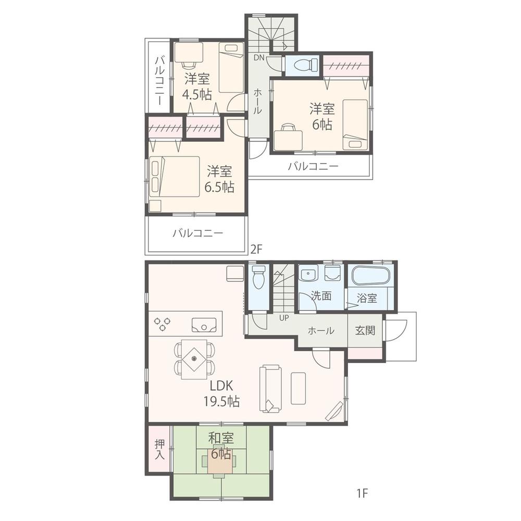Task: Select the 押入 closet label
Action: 159,449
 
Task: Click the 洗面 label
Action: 321,296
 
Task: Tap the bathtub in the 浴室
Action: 370,276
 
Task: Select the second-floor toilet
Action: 303,65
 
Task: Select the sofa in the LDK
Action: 271,388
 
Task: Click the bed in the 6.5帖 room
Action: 174,176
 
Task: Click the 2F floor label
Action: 255,249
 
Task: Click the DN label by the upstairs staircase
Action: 259,57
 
